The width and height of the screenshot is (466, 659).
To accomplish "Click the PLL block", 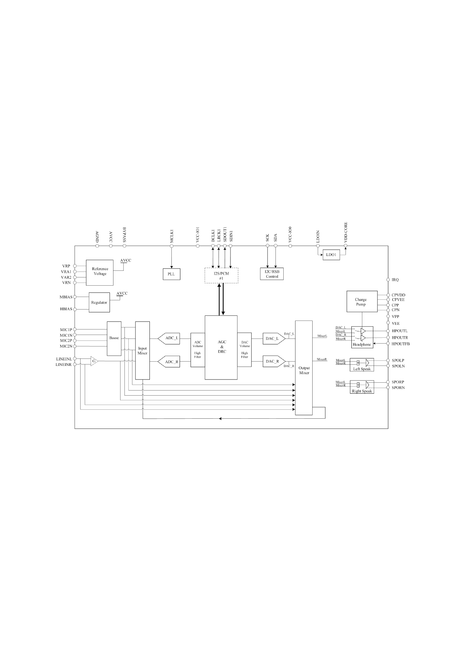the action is point(171,274).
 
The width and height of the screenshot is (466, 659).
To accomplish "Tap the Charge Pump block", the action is point(362,301).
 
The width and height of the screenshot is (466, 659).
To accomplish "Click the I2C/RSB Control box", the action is point(272,274).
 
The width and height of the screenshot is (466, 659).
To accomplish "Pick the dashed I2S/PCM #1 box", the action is point(221,275).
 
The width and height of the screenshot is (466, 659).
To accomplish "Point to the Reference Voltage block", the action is point(100,271).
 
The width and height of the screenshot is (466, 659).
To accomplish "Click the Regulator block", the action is point(99,302).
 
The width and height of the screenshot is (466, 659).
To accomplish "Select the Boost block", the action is point(114,338).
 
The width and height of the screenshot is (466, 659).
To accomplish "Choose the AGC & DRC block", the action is point(221,347).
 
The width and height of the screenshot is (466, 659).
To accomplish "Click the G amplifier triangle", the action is point(94,361).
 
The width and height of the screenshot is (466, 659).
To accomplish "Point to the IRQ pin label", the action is point(395,280).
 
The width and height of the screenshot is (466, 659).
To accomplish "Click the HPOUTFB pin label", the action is point(401,344).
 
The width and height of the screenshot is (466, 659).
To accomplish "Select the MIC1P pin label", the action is point(66,329).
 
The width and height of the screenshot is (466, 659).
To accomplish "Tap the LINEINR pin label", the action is point(64,365).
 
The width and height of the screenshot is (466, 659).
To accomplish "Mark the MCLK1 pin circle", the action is point(171,246).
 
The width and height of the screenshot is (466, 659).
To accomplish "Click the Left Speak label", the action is point(362,369).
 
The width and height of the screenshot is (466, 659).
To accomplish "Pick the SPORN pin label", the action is point(398,388).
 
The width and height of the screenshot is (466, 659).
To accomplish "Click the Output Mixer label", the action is point(304,370).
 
